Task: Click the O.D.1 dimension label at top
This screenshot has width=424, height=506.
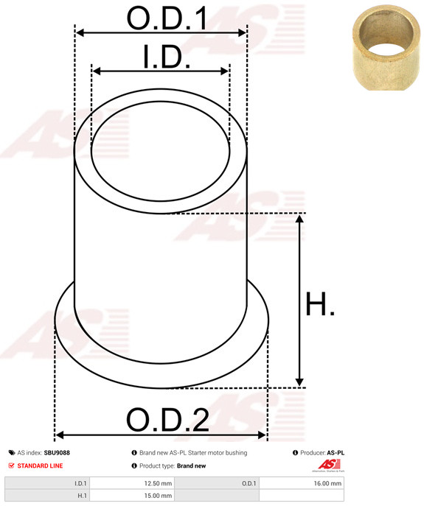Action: (167, 19)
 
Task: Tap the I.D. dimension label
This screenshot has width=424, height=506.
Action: (167, 57)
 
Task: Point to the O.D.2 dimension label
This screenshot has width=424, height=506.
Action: (167, 421)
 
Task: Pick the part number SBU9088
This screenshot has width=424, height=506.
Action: (58, 453)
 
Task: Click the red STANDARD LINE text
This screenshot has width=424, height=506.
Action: (41, 466)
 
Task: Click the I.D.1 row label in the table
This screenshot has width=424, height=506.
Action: (80, 484)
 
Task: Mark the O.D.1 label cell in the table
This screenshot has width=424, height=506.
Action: (249, 484)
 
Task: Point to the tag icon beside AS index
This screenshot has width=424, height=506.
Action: (12, 453)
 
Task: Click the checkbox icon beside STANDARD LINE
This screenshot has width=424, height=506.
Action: (12, 466)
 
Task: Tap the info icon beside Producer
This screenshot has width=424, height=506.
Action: (295, 453)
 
